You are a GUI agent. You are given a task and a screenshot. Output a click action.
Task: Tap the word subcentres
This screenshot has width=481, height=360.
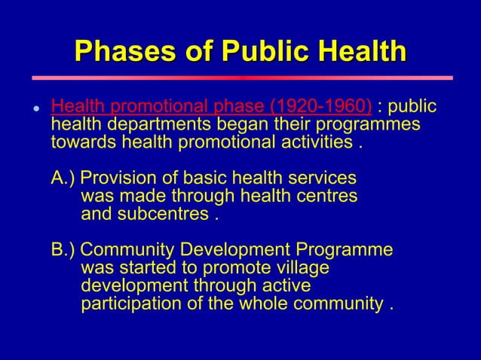point(166,214)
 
